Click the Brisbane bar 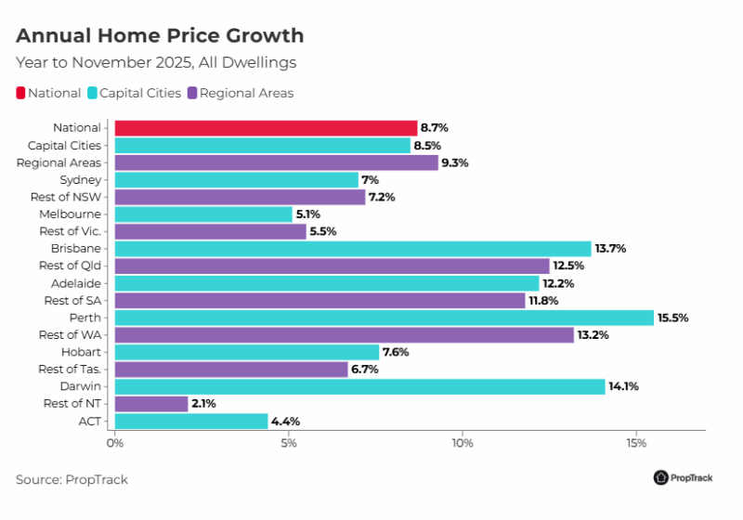coord(352,249)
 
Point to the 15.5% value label coord(673,318)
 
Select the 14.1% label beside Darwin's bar coord(624,386)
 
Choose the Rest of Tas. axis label coord(73,369)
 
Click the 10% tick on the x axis coord(463,444)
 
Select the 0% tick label coord(115,444)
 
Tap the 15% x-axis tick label coord(636,444)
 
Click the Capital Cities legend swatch coord(92,93)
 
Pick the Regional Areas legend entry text coord(246,93)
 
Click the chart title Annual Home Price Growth coord(160,36)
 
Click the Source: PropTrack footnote coord(72,479)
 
